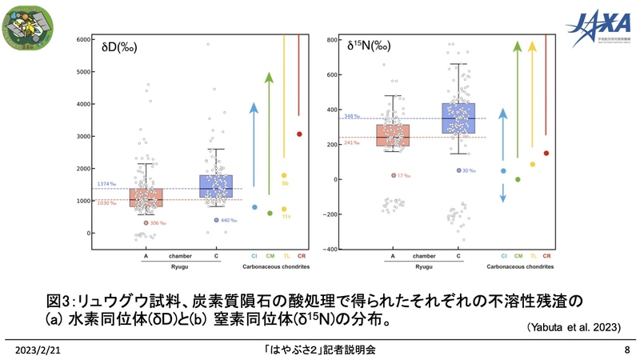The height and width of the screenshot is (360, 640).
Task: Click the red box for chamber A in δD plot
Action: point(146,198)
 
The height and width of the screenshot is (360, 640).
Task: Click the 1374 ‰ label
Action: point(107,185)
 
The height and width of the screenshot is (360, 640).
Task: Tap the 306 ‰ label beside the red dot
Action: point(158,223)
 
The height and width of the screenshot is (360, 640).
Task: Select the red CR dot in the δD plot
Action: point(299,134)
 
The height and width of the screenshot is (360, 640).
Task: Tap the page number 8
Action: point(626,350)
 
